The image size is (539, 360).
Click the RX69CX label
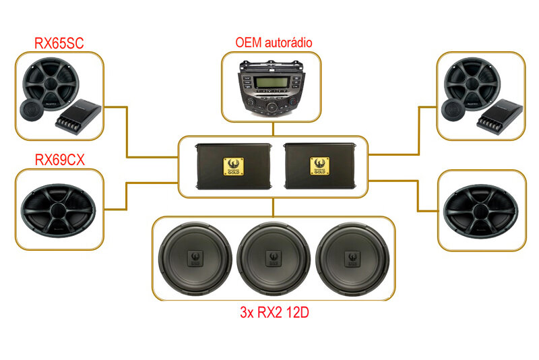59,160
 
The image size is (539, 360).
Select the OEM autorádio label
274,42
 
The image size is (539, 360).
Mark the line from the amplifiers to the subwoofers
272,206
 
